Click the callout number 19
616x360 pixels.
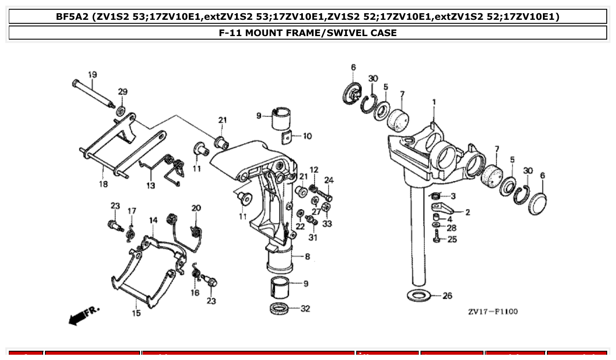coord(92,75)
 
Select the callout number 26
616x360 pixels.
coord(447,296)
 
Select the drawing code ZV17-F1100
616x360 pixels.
coord(493,312)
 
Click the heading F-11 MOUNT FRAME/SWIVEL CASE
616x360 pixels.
coord(308,33)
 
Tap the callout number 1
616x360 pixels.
coord(434,102)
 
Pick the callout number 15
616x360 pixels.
coord(136,313)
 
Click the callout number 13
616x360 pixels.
coord(151,186)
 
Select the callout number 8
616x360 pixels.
coord(307,257)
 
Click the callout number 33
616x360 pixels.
coord(327,224)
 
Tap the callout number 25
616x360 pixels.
coord(452,239)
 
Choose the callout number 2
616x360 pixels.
coord(467,213)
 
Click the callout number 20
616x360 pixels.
coord(196,208)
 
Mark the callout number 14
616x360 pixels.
coord(153,220)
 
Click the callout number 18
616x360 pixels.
coord(103,184)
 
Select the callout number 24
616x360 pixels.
coord(329,180)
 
